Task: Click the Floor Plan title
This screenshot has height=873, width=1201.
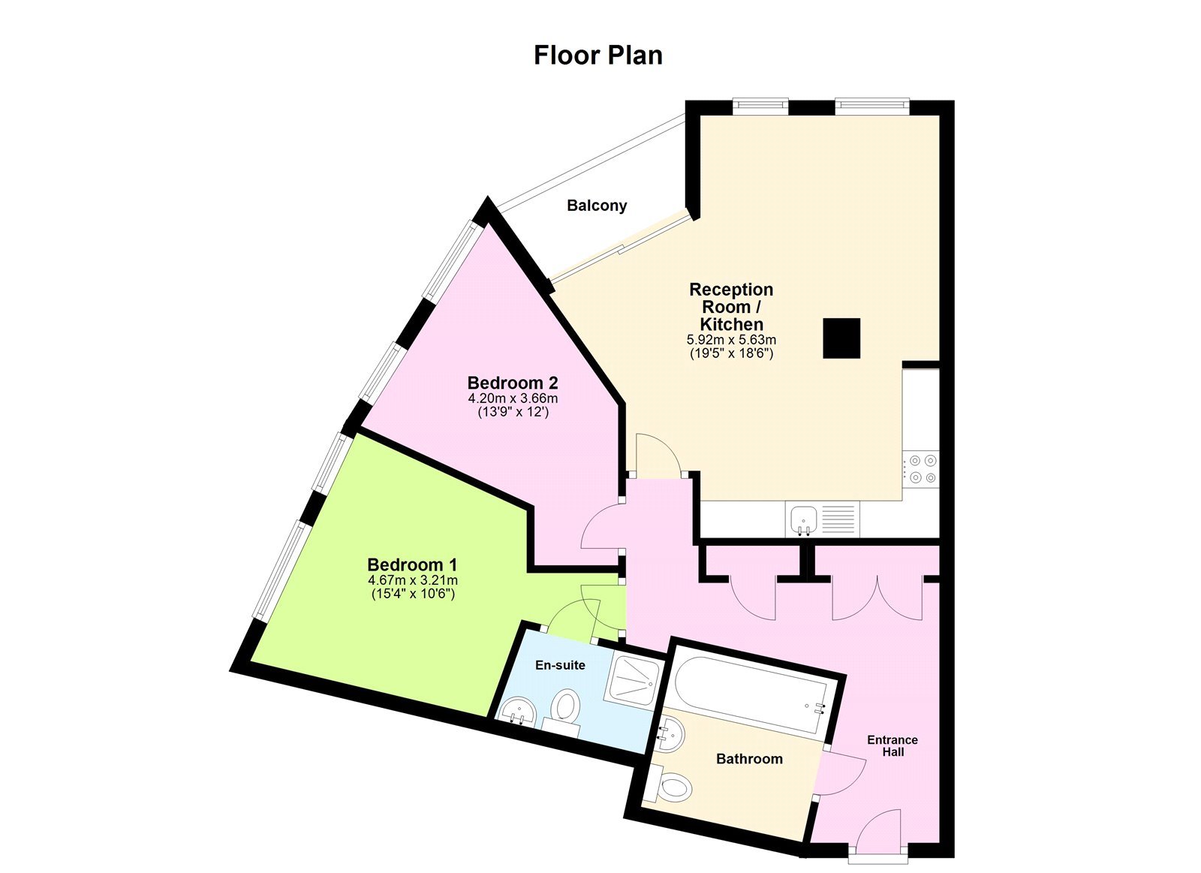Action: [597, 56]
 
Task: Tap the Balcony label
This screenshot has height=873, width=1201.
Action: [597, 206]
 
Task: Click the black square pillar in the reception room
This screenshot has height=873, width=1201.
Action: [841, 338]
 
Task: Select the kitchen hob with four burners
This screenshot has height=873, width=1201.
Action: [921, 468]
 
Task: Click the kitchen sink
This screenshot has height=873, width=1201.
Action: [804, 519]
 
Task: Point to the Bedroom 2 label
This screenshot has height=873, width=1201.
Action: [513, 383]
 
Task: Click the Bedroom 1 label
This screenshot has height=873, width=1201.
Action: [412, 564]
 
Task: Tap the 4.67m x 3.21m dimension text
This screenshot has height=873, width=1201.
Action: [413, 580]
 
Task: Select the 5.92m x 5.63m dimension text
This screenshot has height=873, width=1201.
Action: [731, 340]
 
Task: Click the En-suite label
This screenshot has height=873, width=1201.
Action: [560, 665]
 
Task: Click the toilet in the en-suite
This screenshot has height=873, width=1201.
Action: [565, 707]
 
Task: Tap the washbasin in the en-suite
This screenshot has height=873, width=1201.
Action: [516, 710]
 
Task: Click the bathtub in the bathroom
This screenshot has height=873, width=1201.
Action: [748, 691]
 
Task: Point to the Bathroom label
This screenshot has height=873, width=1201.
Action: [749, 759]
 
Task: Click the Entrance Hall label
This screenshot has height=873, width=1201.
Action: [892, 745]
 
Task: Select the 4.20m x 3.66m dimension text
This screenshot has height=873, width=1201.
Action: [513, 399]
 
